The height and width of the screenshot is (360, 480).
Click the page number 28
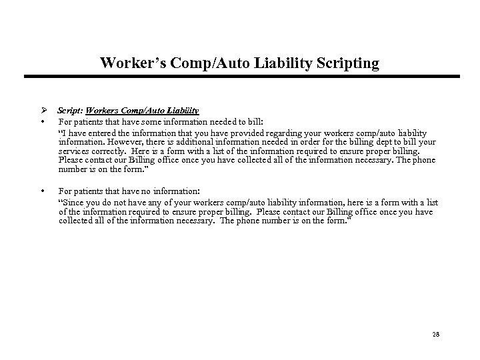point(437,334)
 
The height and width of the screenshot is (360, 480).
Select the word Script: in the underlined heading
point(69,110)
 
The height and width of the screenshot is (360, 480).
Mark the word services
point(73,151)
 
